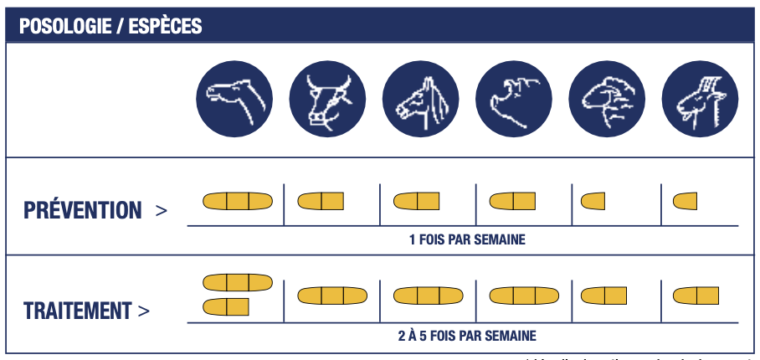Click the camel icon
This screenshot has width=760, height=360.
pos(234,99)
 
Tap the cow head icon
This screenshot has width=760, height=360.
pos(327,99)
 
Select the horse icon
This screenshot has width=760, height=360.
pos(420,99)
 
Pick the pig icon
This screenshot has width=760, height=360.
pos(513,99)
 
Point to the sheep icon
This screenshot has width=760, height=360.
pos(607,99)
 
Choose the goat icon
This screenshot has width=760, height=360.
pos(700,99)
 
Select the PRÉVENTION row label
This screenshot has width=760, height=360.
pos(83,210)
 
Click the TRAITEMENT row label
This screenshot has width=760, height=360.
pos(78,311)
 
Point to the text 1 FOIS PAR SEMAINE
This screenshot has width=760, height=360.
pos(467,240)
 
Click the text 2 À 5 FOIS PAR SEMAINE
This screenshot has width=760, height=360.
pos(467,336)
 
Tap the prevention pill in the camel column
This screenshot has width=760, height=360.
pos(238,201)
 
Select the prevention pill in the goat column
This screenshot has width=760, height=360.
pos(685,201)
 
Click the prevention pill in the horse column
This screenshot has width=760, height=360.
pos(416,201)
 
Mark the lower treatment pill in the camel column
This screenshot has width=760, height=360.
pos(226,306)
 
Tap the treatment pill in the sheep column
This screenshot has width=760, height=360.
pos(603,296)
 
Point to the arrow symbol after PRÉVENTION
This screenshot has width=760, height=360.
pos(162,210)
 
